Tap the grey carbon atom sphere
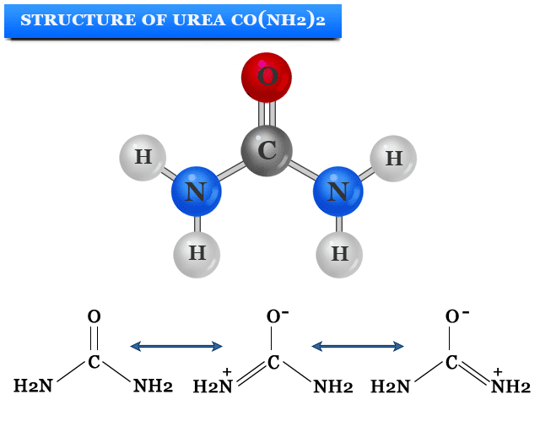[x=267, y=152]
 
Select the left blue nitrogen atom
[x=196, y=192]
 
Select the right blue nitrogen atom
[x=337, y=192]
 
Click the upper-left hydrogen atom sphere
[x=143, y=157]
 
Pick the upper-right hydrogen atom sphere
[x=393, y=158]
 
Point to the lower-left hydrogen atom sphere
[x=197, y=253]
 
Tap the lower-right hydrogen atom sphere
[x=339, y=253]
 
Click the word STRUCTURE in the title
[x=70, y=19]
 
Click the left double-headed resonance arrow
[x=175, y=346]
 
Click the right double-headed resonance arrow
[x=358, y=346]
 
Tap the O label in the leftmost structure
[x=94, y=317]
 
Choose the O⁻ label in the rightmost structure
[x=456, y=317]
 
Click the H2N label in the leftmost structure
[x=33, y=386]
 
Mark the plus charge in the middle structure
[x=226, y=371]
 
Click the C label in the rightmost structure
[x=451, y=363]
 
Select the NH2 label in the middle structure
[x=332, y=387]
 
